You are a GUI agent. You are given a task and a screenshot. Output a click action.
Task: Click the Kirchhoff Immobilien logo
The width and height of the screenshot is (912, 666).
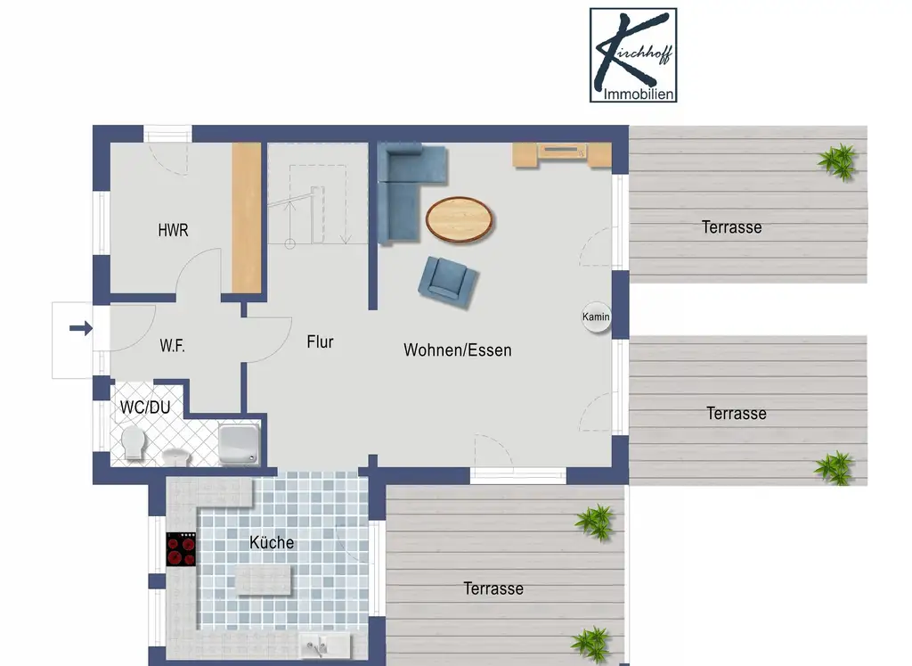coord(633,55)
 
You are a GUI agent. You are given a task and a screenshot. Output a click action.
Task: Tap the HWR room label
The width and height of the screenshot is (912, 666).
coord(174,231)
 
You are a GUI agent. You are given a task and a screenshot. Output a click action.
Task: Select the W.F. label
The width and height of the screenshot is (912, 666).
coord(172,346)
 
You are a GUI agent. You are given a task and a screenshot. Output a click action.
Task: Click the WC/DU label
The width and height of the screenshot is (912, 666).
coord(145,407)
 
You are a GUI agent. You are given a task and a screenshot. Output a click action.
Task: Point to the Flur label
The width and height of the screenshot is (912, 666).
coord(320,341)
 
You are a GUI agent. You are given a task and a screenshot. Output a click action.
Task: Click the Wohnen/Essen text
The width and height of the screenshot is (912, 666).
coord(458,349)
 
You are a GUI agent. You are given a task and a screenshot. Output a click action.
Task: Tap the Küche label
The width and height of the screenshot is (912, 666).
coord(272,543)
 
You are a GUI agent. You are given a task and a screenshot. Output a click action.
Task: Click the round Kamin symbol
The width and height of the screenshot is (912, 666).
coord(596,317)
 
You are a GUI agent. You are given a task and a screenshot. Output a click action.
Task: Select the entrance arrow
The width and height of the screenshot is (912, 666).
coord(81,328)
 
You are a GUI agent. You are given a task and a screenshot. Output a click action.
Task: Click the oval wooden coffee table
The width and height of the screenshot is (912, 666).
coord(459,219)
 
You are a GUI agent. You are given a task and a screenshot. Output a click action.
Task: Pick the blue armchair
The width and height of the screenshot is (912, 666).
coord(448,281)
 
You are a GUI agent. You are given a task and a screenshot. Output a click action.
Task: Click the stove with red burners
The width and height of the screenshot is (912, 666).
coord(182,549)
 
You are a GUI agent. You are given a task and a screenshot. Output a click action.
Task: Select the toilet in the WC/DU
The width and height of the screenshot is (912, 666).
coord(134,442)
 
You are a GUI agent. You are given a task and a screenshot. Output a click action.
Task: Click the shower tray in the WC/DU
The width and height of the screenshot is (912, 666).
coord(239,445)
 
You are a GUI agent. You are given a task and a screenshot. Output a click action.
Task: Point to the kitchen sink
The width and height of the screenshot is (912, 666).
coord(324,645)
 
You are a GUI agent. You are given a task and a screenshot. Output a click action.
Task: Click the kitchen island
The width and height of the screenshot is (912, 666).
coord(263,580)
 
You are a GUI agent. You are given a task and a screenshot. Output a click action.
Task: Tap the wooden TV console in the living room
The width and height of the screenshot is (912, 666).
coord(562,154)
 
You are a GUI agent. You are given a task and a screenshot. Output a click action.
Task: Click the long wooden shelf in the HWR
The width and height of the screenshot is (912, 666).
coord(247,218)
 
